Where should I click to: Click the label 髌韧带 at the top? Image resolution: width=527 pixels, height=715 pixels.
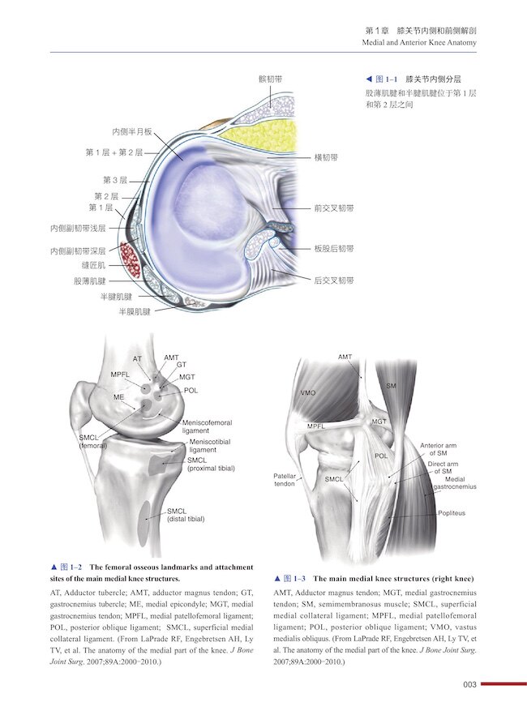(x=270, y=79)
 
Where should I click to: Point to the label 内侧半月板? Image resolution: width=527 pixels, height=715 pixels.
(x=132, y=131)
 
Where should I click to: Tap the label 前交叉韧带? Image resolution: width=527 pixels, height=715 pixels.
(x=334, y=208)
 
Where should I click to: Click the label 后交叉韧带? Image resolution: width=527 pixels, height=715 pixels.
(x=334, y=280)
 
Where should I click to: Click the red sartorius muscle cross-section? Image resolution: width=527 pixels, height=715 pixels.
(x=127, y=259)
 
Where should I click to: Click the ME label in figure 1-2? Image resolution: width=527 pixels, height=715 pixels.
(x=119, y=398)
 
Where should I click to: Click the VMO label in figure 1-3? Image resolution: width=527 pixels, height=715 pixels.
(x=308, y=392)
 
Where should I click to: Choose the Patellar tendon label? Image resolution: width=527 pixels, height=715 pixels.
(x=285, y=479)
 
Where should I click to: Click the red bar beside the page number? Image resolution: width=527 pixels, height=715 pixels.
(x=503, y=685)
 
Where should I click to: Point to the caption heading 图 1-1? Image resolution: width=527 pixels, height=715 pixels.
(x=380, y=80)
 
